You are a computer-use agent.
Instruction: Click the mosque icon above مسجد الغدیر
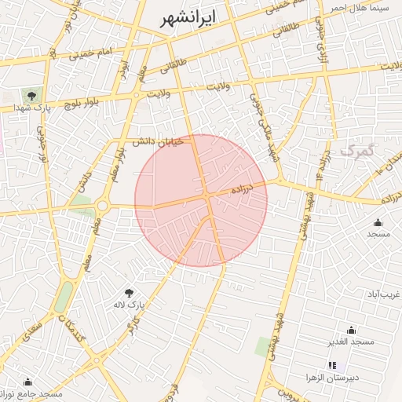tap(351, 330)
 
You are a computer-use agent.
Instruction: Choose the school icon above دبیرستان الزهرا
tap(332, 365)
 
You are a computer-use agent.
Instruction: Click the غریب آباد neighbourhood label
tap(384, 294)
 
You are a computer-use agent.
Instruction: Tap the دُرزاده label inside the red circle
tap(243, 189)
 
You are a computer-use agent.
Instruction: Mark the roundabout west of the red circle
tap(102, 206)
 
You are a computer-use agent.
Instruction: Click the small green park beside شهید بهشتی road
tap(261, 345)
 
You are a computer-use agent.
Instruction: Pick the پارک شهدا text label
tap(31, 109)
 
